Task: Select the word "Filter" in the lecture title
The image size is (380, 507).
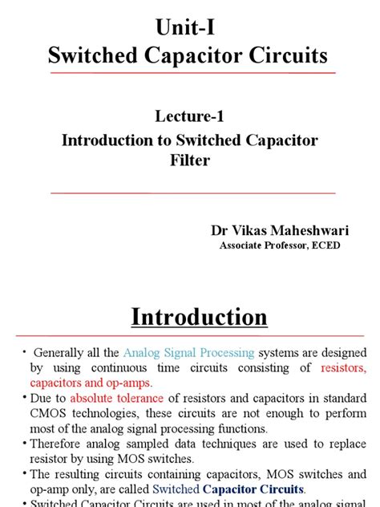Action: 190,160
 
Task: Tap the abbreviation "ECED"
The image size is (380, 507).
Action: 323,245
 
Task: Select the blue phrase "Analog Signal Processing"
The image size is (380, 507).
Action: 189,352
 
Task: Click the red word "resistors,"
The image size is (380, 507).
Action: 343,367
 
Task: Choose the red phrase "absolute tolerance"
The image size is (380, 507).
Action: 115,398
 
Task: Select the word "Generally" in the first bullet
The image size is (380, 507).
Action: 62,352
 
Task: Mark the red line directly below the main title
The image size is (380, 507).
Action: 190,73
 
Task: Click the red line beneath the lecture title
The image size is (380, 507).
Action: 190,193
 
